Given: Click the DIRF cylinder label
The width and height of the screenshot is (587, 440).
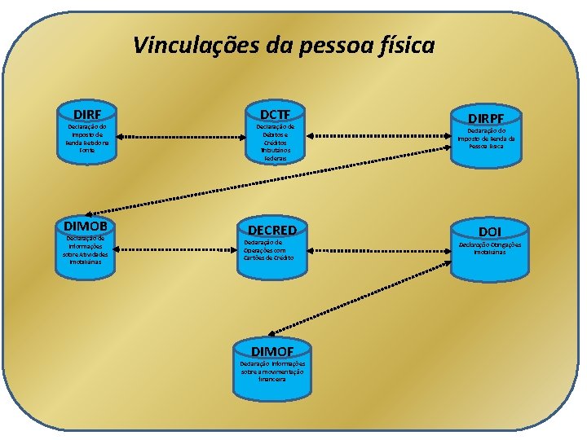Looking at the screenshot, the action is tap(87, 114).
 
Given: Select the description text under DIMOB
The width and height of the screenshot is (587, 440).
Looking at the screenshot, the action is tap(86, 249).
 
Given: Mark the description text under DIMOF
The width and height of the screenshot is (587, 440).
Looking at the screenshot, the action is tap(272, 372).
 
